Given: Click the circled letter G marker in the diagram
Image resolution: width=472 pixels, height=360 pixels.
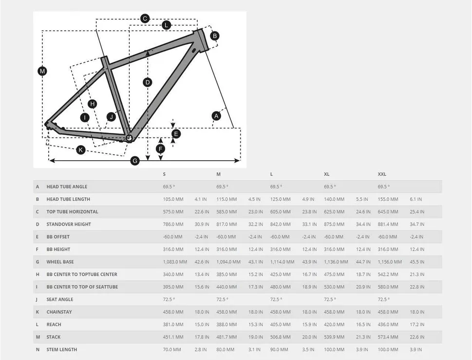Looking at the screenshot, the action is [135, 161].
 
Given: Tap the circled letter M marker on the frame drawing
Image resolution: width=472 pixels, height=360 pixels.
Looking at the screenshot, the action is [42, 71].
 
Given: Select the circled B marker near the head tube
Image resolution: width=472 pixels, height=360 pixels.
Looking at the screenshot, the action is [215, 36].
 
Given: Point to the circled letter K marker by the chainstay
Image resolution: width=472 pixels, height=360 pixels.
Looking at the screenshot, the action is [81, 150].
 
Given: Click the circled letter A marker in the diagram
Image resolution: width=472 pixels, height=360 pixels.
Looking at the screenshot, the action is [216, 116].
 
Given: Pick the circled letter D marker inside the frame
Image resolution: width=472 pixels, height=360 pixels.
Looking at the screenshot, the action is [148, 82].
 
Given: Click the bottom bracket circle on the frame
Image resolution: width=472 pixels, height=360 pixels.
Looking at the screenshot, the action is [130, 138].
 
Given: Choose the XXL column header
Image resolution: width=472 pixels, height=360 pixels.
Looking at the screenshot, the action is [382, 174].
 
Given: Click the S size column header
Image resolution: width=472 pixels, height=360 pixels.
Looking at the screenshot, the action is [164, 174].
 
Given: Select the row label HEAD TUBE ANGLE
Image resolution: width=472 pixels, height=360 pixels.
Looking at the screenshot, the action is [67, 187].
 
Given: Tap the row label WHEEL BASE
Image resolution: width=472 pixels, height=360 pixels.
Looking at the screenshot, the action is [60, 262].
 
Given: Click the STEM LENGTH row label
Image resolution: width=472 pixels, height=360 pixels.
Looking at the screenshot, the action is [62, 349].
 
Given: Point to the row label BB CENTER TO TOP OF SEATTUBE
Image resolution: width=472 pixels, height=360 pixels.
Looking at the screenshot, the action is [82, 287].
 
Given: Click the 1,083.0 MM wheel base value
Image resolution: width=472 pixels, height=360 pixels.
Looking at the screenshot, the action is [175, 262].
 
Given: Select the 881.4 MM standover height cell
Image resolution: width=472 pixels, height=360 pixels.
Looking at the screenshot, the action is [388, 224].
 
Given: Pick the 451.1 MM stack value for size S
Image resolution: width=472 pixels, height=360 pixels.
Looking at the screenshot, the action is [173, 337].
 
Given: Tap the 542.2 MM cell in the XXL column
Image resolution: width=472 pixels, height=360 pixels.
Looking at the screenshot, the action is [388, 275].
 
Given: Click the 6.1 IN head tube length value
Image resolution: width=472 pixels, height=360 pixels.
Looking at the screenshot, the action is [415, 199].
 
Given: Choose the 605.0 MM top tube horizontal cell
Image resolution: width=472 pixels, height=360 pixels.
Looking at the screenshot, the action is [280, 211].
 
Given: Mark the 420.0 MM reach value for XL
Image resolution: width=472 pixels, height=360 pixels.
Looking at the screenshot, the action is [334, 324].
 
